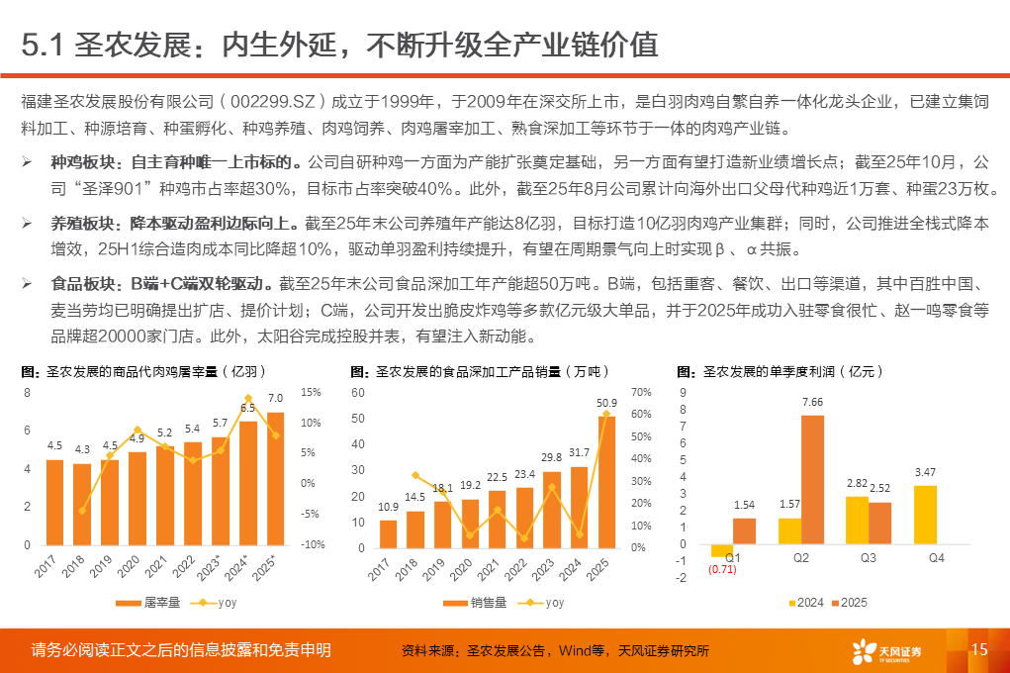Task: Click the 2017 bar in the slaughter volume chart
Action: click(54, 502)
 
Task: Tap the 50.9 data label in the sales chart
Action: click(606, 402)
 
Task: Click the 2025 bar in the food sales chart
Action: click(606, 481)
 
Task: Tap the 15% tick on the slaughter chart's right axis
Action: click(311, 392)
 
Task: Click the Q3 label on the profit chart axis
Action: click(869, 558)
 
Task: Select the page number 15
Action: click(979, 649)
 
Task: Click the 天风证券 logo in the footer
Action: click(886, 650)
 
